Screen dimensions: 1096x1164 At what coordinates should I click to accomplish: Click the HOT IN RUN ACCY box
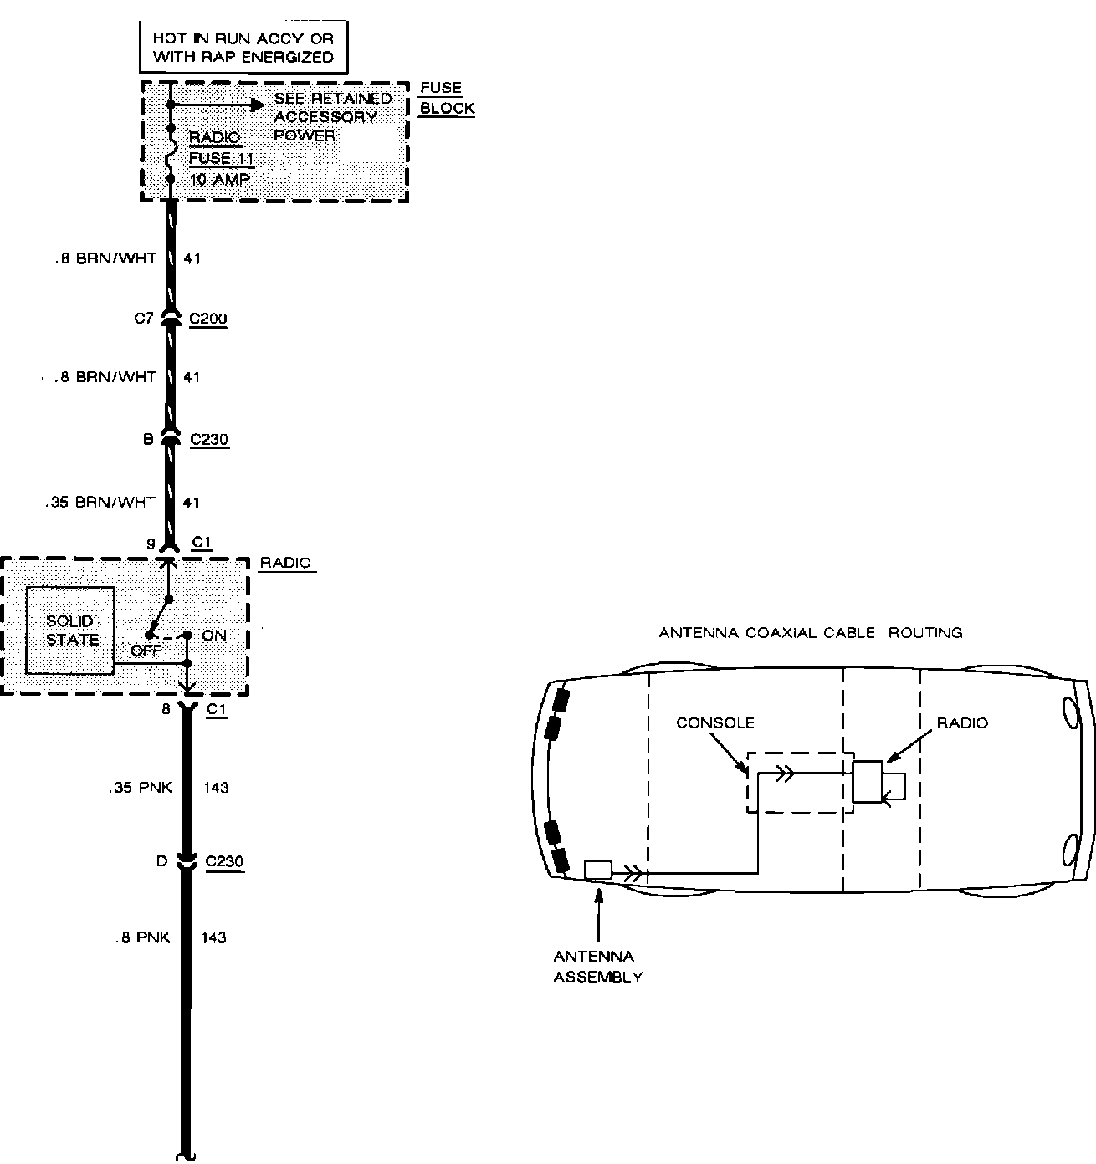point(243,48)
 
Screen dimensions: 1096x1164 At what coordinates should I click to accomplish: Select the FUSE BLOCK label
point(446,98)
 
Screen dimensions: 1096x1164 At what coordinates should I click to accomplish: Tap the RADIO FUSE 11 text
point(220,147)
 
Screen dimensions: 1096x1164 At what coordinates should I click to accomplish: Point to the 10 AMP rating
point(219,179)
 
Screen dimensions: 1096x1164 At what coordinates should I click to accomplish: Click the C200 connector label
point(208,319)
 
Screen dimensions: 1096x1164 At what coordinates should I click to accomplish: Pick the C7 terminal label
point(144,319)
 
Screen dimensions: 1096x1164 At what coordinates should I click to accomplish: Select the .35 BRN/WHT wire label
point(101,503)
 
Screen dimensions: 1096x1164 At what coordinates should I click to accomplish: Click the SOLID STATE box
point(71,630)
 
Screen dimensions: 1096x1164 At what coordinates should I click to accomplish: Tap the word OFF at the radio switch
point(146,649)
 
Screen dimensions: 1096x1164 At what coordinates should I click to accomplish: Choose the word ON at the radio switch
point(214,636)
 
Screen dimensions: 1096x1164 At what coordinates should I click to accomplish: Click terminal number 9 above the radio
point(151,544)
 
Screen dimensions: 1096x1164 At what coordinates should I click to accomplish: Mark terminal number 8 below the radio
point(166,709)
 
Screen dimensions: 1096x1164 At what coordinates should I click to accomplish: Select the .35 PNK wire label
point(140,788)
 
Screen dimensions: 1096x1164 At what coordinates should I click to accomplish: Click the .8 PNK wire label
point(143,938)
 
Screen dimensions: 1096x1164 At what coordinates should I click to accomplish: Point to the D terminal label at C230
point(162,861)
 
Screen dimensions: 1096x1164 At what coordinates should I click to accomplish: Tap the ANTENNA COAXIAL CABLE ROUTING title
point(810,633)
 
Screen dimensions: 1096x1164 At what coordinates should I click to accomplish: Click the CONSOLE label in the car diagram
point(714,722)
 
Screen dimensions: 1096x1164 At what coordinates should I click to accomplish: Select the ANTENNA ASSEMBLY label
point(597,966)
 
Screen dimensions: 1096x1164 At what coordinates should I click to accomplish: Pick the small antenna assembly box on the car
point(598,870)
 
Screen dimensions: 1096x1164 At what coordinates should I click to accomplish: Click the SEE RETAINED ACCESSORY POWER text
point(332,116)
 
